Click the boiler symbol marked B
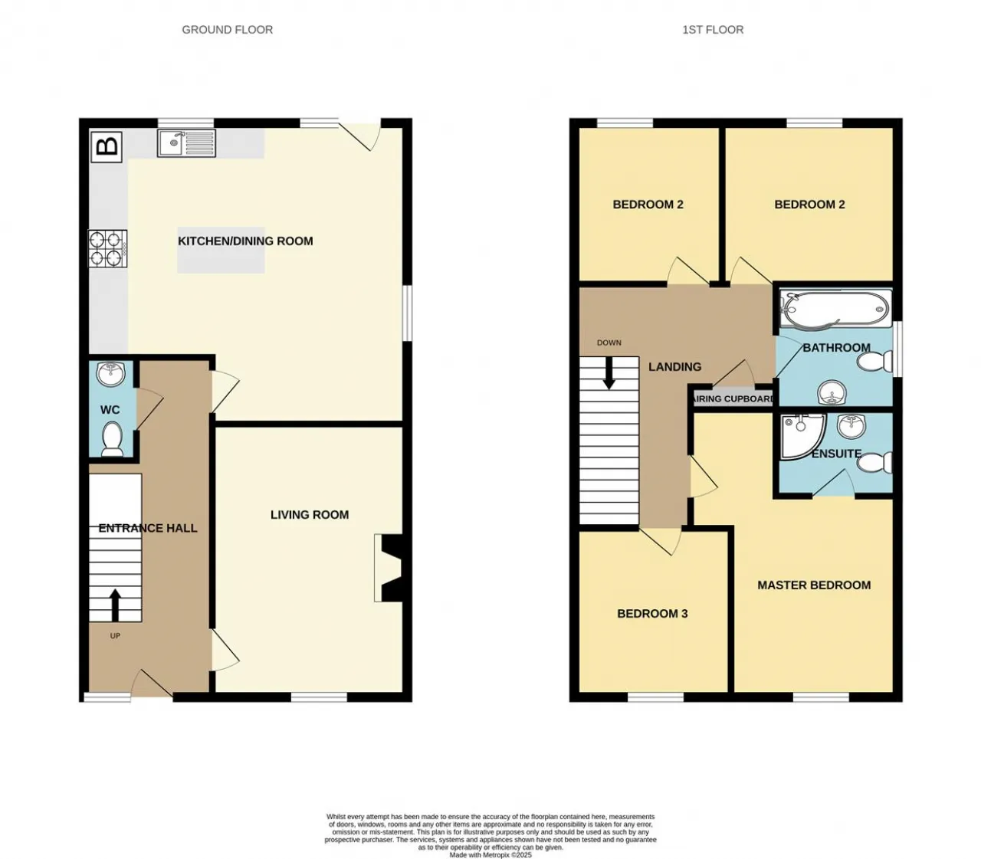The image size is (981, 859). tap(107, 146)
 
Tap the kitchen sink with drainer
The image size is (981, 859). tap(186, 143)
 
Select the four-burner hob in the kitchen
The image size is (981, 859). tap(107, 249)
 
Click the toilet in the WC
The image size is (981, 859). tap(112, 438)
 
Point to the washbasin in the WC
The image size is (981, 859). tap(111, 374)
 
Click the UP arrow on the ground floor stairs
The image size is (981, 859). tap(115, 605)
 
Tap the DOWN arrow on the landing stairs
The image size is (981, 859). tap(609, 373)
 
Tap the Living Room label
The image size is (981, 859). tap(310, 515)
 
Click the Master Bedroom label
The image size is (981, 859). tap(814, 585)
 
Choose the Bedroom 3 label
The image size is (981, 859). tap(652, 614)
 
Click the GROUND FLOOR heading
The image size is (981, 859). tap(228, 30)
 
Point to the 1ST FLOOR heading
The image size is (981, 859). tap(713, 30)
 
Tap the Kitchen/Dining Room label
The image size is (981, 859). tap(245, 241)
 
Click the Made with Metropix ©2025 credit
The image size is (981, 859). tap(490, 854)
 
